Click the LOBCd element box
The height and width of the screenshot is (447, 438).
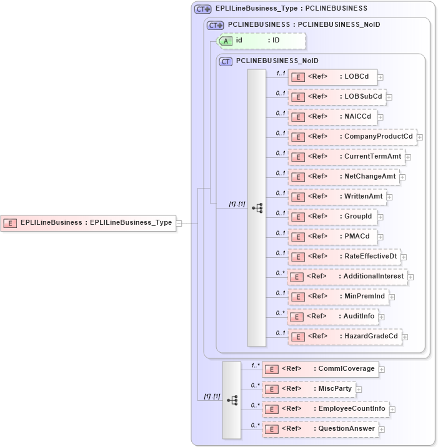[332, 77]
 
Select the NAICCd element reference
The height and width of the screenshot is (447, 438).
[332, 117]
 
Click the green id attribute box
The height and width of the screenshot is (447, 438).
[261, 41]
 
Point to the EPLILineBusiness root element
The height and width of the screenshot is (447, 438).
[88, 222]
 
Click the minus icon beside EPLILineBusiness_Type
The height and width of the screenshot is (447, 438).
[179, 222]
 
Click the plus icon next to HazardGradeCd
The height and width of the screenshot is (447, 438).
[406, 336]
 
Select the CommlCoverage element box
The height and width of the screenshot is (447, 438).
[319, 369]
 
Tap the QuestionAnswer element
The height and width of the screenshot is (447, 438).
[319, 429]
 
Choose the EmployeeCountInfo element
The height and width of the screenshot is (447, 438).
[326, 409]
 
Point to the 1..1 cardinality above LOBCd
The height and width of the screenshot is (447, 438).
[281, 73]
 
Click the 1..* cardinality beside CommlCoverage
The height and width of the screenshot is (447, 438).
[255, 365]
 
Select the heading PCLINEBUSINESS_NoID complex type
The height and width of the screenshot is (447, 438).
[277, 61]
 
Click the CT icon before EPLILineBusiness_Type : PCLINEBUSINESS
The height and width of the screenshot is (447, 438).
[202, 9]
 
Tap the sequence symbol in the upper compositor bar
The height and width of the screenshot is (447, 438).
[257, 209]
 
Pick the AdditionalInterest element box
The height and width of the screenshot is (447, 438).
[347, 277]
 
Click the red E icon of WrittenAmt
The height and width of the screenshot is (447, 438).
[298, 197]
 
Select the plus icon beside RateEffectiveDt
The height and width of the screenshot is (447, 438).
[404, 257]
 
